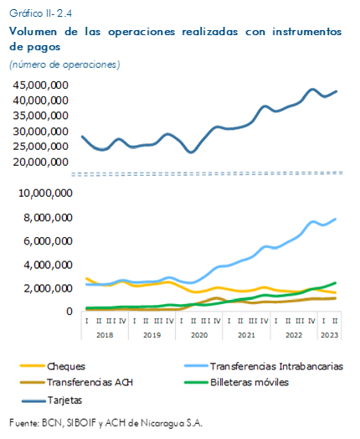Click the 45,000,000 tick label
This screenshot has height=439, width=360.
(40, 85)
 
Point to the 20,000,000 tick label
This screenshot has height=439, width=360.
(40, 162)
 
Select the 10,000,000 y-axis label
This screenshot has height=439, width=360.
(45, 194)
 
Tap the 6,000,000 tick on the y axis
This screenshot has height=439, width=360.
(48, 241)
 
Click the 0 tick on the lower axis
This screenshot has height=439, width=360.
(69, 312)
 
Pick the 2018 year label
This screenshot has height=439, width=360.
(105, 335)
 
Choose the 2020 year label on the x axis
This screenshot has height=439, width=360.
(199, 335)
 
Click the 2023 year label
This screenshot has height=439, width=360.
(330, 335)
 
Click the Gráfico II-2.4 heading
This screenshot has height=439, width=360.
(40, 13)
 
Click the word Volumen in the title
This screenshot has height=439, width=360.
(33, 32)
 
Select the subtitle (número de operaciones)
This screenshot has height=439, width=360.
(64, 65)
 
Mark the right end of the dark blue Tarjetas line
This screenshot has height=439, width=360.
(336, 91)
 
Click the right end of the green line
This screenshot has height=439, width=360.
(335, 283)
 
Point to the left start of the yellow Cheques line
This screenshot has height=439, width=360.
(86, 279)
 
